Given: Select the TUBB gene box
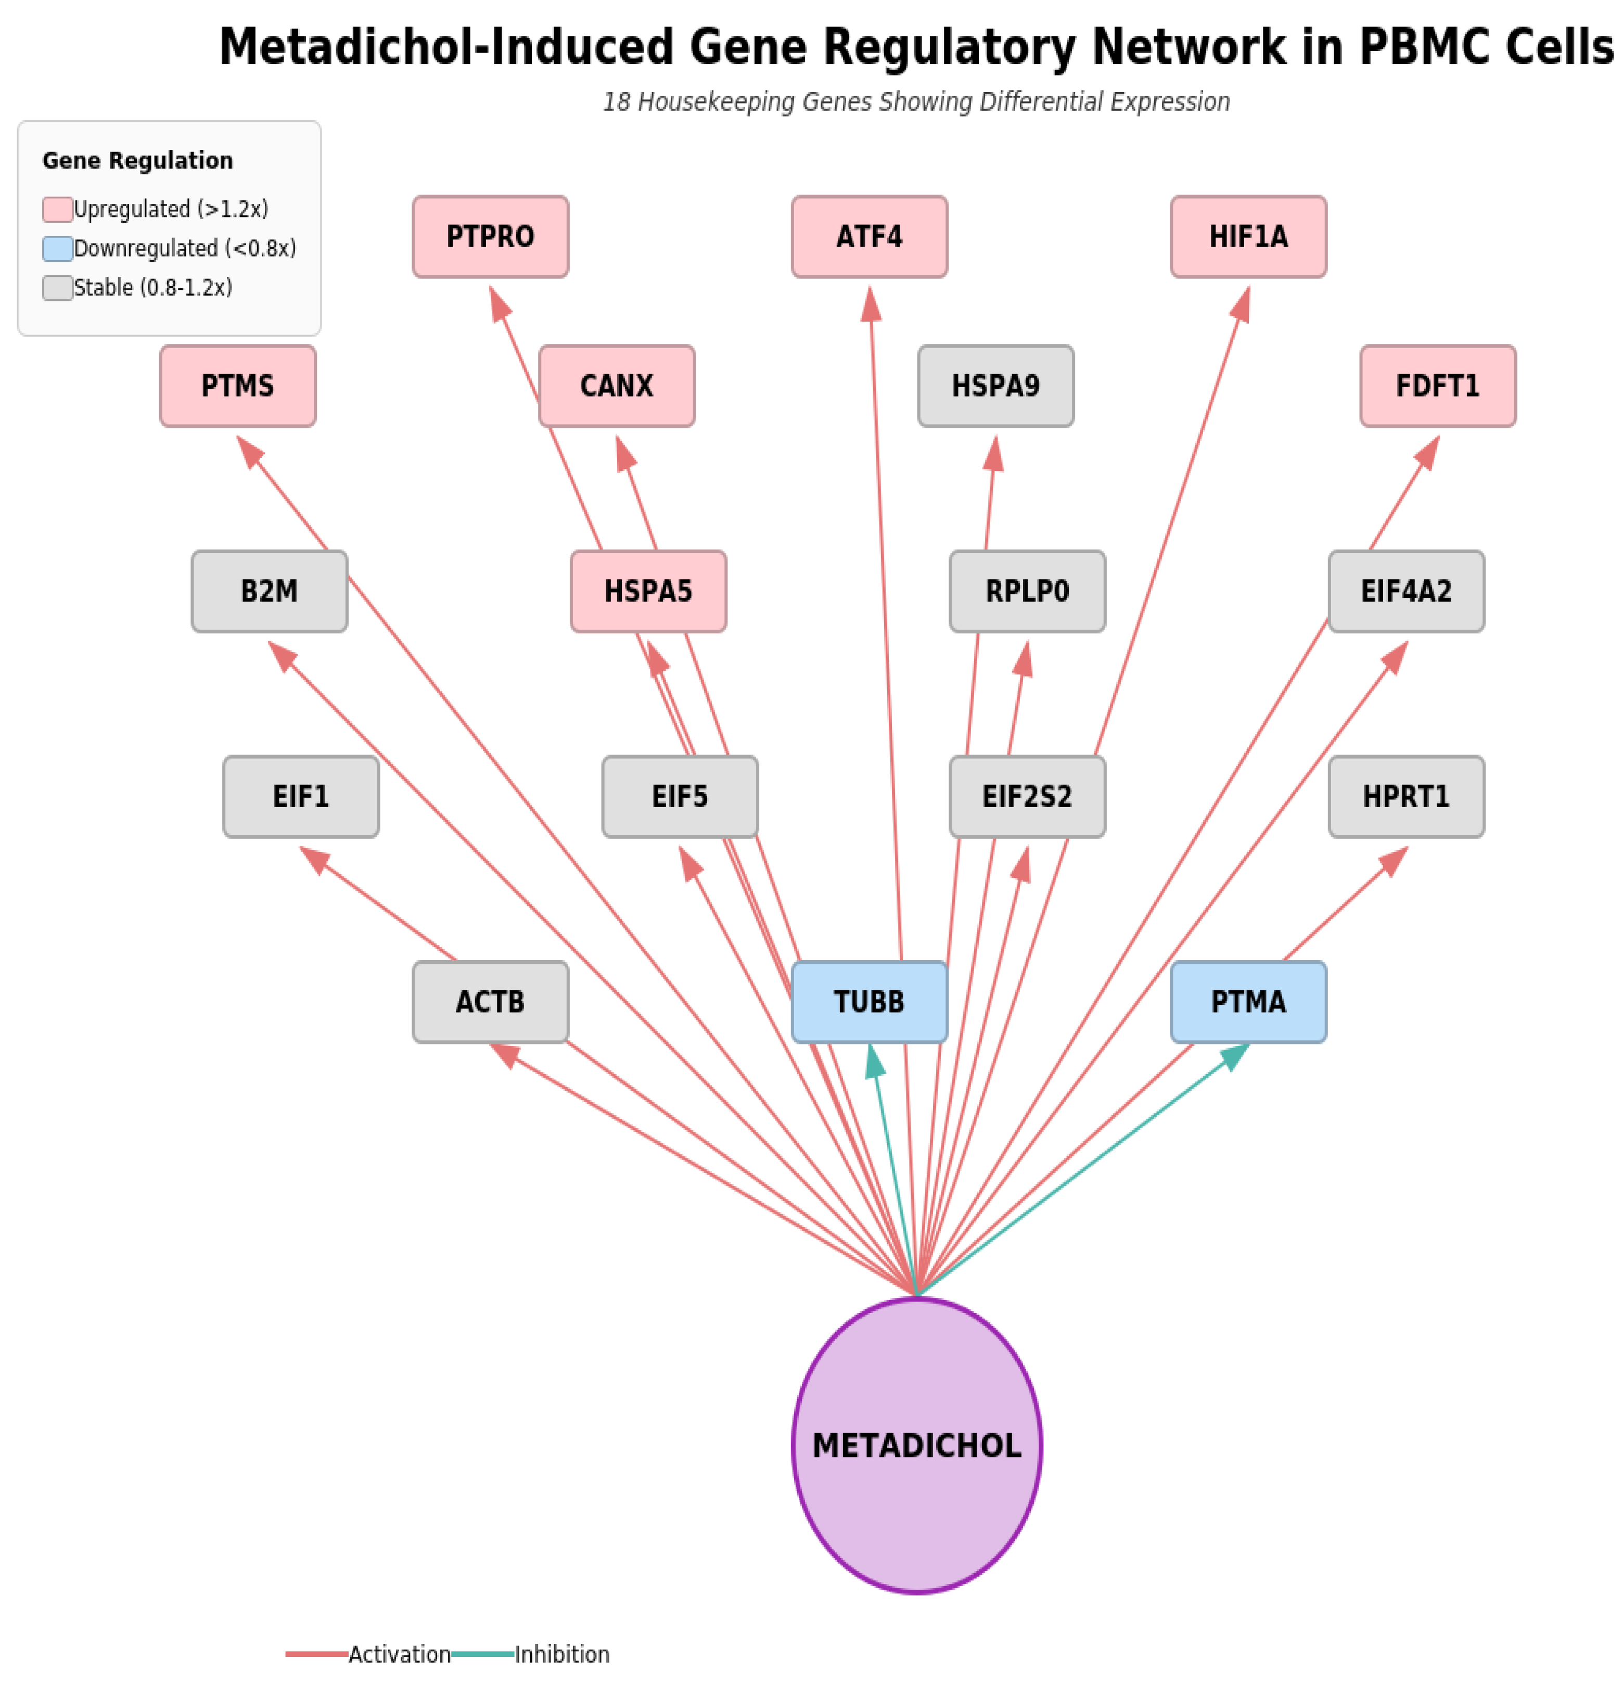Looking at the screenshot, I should pyautogui.click(x=868, y=1002).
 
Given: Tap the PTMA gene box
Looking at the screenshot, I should pyautogui.click(x=1247, y=1002).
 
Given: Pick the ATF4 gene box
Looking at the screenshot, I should pyautogui.click(x=868, y=236).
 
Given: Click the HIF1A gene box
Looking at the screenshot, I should pyautogui.click(x=1247, y=236).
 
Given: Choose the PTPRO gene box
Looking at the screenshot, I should pyautogui.click(x=490, y=236).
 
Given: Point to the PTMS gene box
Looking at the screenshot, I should pyautogui.click(x=237, y=386).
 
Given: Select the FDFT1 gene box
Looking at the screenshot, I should pyautogui.click(x=1437, y=386).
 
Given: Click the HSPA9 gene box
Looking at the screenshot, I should pyautogui.click(x=995, y=386).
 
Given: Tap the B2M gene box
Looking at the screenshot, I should pyautogui.click(x=269, y=591).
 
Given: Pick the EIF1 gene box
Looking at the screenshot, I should pyautogui.click(x=301, y=796).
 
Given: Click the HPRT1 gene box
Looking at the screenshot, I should pyautogui.click(x=1405, y=796).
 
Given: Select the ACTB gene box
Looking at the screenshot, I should pyautogui.click(x=490, y=1002).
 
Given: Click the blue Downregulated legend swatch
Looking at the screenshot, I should pyautogui.click(x=58, y=248).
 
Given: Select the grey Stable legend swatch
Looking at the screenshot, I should pyautogui.click(x=58, y=288).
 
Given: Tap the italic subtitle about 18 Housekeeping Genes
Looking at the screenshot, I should pyautogui.click(x=916, y=101).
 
